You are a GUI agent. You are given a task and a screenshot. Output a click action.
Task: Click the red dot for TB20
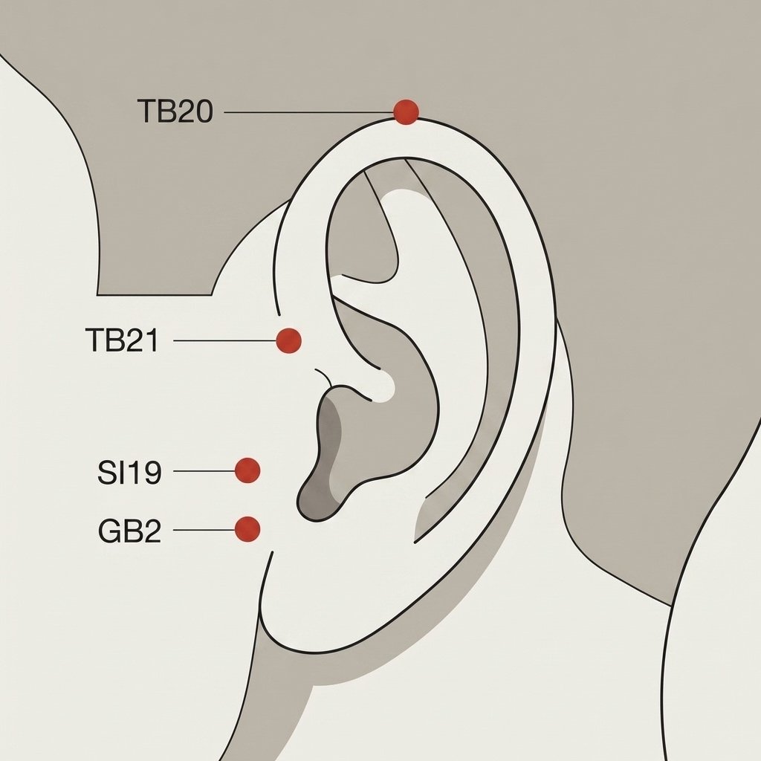(x=406, y=112)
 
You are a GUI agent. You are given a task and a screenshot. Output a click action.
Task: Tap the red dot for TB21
(x=289, y=340)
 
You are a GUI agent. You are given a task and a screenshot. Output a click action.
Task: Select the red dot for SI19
(x=247, y=470)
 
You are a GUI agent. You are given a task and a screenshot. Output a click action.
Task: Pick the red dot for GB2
(x=247, y=529)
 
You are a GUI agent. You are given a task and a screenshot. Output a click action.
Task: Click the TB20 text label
(x=175, y=111)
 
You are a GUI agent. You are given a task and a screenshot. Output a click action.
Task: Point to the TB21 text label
(x=122, y=340)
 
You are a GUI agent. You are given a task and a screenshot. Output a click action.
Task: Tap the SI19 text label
(x=129, y=472)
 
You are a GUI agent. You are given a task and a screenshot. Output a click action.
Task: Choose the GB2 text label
(x=129, y=531)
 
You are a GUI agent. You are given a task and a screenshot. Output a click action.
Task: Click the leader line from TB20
(x=308, y=113)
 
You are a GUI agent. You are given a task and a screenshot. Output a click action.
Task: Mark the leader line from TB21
(x=224, y=340)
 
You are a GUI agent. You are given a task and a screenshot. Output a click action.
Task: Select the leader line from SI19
(x=204, y=470)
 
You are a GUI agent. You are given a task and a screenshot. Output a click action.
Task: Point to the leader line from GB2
(x=204, y=530)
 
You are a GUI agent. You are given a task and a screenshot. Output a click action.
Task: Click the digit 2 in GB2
(x=152, y=531)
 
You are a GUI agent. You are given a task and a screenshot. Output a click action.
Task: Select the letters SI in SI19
(x=111, y=472)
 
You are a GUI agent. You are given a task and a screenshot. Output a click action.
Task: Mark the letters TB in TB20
(x=156, y=111)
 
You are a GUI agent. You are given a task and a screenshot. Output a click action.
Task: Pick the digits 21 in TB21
(x=142, y=340)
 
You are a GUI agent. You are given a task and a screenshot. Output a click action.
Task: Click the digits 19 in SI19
(x=146, y=472)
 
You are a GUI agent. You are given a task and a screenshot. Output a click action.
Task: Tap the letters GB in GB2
(x=120, y=531)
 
